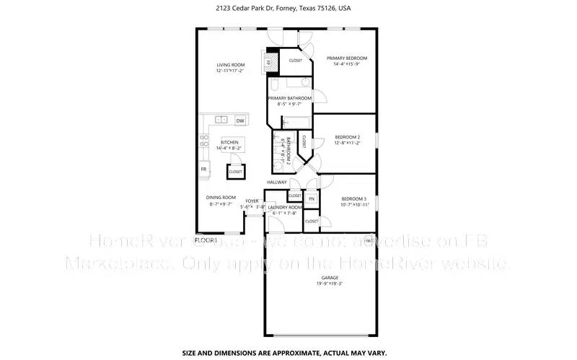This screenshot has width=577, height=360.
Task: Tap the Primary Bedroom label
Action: tap(347, 58)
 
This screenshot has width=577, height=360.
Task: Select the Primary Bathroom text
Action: tap(290, 98)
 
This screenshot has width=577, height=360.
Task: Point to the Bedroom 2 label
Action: tap(348, 136)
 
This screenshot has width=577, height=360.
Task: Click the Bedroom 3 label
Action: tap(354, 198)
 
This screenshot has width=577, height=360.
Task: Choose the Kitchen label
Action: tap(229, 142)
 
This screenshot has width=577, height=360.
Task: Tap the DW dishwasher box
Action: tap(239, 120)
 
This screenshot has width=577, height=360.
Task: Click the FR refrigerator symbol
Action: tap(204, 169)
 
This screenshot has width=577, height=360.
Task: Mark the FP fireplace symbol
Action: tap(268, 63)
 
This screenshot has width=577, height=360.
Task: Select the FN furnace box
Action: tap(312, 198)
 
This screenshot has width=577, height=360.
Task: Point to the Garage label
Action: tap(329, 277)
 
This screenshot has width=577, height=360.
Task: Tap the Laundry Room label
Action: tap(285, 207)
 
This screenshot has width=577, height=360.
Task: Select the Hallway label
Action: tap(277, 182)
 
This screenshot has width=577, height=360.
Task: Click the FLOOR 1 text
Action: tap(206, 239)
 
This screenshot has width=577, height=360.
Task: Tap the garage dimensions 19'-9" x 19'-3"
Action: tap(329, 284)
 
